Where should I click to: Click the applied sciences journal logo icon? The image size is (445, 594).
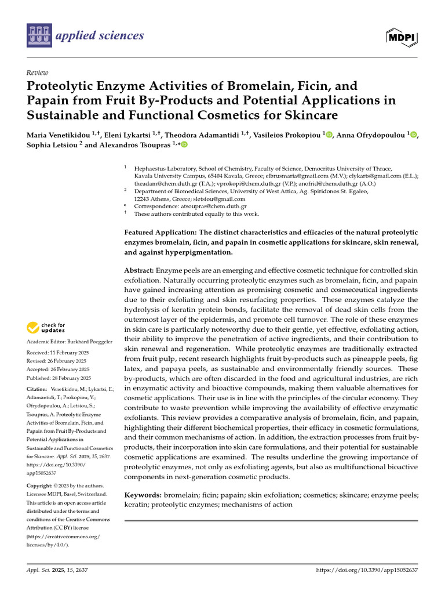click(x=39, y=35)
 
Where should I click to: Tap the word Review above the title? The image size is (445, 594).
click(x=37, y=73)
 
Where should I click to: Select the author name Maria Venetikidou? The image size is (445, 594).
click(x=58, y=135)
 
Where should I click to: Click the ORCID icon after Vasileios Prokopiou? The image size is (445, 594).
click(x=329, y=135)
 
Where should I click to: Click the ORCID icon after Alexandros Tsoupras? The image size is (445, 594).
click(x=184, y=144)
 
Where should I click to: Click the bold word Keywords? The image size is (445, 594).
click(x=143, y=495)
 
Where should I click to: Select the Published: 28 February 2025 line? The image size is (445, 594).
click(x=59, y=377)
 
